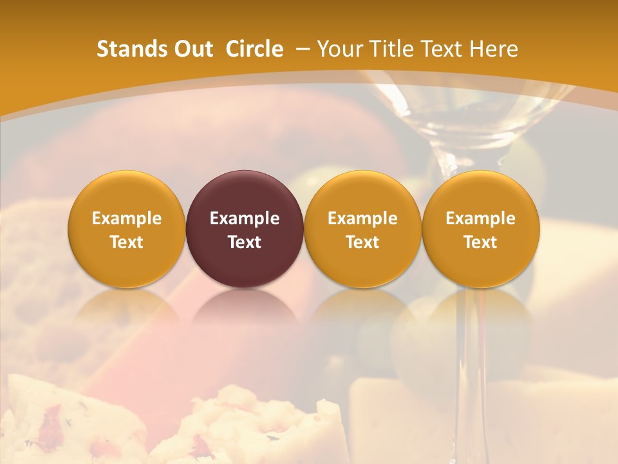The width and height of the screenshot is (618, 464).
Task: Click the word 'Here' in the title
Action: pos(494,49)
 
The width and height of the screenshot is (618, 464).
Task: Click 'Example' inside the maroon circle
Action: pos(245,218)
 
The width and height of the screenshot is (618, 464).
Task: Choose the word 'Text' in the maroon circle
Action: pos(245,242)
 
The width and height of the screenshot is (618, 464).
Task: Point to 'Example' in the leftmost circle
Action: pos(126,218)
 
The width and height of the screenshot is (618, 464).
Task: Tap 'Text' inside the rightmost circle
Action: pos(480,242)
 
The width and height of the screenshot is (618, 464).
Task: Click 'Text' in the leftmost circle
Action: pos(126,242)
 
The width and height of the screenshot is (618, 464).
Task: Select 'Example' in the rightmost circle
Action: pos(480,218)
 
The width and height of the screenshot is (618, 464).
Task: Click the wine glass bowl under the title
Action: pos(464,110)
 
